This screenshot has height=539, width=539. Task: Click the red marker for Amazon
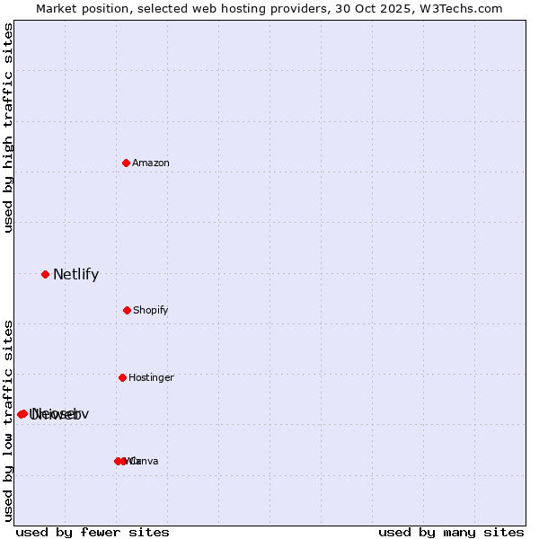(126, 163)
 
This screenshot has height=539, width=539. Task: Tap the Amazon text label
(151, 163)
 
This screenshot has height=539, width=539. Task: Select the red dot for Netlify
(45, 274)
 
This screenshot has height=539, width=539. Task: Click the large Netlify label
(75, 275)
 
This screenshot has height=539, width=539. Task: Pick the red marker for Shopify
(127, 310)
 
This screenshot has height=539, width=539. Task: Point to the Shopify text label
(151, 310)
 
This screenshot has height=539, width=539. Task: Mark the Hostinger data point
(122, 377)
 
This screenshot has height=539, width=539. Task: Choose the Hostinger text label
(151, 377)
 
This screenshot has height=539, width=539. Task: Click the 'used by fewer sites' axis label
(93, 532)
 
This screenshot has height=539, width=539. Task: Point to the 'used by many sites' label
(451, 532)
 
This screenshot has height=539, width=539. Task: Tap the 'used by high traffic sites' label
(9, 128)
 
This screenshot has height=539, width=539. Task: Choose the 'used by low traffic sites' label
(9, 420)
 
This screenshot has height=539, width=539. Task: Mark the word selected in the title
(168, 8)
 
